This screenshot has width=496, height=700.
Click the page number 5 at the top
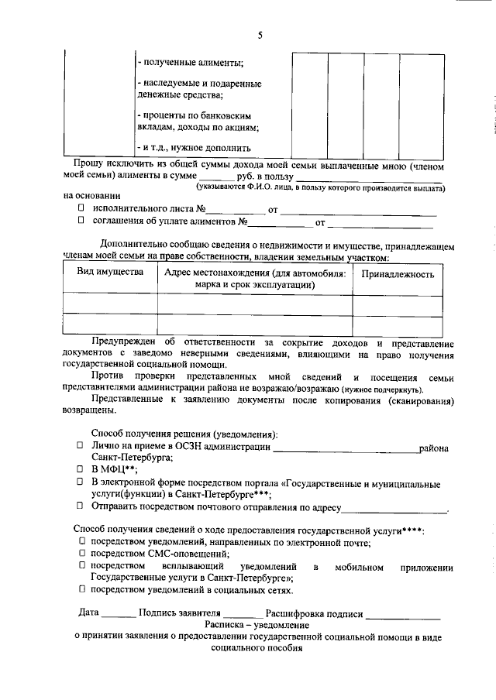(260, 35)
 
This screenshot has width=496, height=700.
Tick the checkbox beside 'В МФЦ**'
(80, 469)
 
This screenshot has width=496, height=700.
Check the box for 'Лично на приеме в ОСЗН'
(80, 447)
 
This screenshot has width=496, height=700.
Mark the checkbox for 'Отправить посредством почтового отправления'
(80, 505)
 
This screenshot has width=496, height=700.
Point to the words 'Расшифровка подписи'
(314, 613)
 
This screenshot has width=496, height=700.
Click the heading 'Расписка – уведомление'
(257, 624)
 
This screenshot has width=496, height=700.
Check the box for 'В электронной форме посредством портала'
(80, 481)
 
